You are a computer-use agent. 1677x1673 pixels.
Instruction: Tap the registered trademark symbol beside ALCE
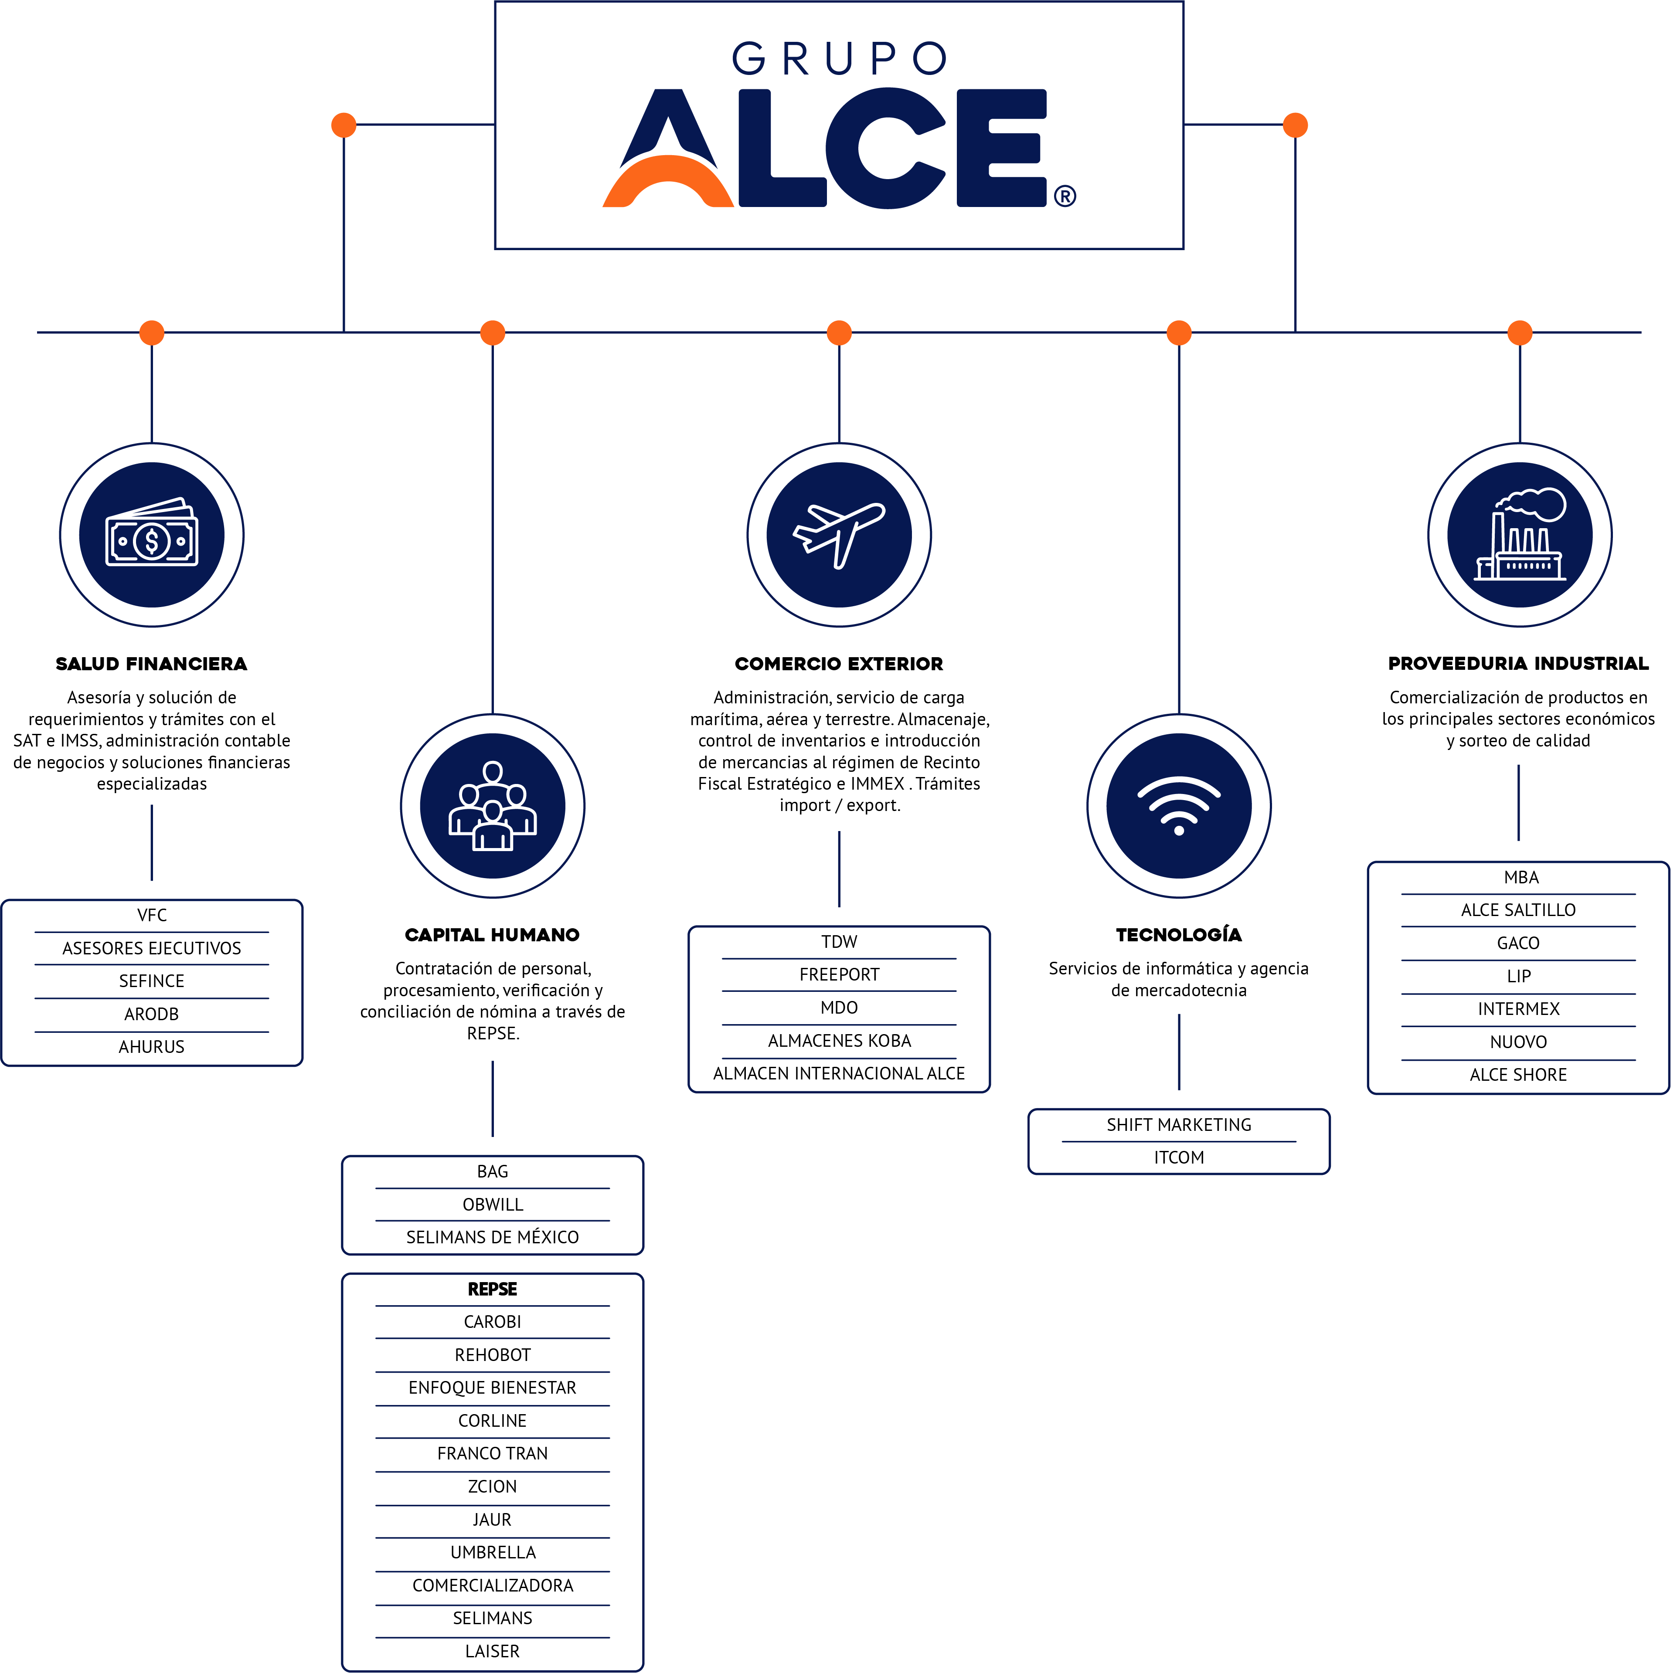click(1065, 196)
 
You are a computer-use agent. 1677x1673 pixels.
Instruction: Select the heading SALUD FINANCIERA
click(152, 664)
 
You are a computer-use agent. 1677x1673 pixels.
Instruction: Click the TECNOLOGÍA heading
click(1179, 935)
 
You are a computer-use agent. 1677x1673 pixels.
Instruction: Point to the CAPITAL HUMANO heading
click(492, 935)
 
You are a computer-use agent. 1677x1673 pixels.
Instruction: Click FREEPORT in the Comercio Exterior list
click(839, 974)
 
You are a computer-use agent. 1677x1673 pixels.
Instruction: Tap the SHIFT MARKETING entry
click(1179, 1125)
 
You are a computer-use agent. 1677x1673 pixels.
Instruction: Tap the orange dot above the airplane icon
click(839, 333)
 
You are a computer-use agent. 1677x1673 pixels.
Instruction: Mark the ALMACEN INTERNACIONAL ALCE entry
click(839, 1073)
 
